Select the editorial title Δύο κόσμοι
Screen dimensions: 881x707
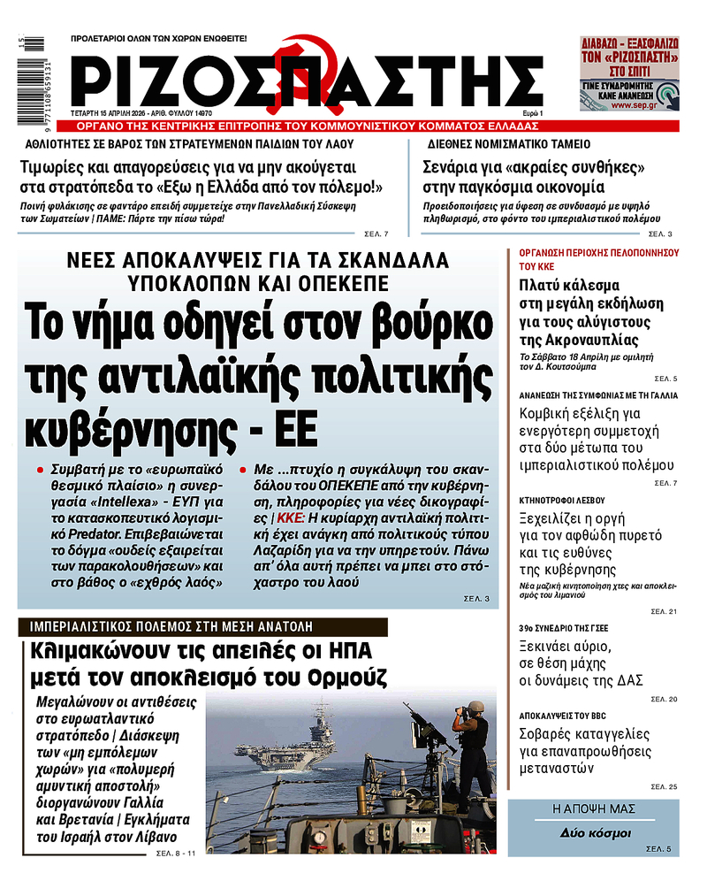pyautogui.click(x=594, y=833)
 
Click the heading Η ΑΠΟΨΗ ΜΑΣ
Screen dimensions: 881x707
pyautogui.click(x=594, y=809)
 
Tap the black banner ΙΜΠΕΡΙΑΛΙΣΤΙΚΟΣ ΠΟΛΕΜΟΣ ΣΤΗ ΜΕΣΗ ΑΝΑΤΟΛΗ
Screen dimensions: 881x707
pyautogui.click(x=203, y=627)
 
